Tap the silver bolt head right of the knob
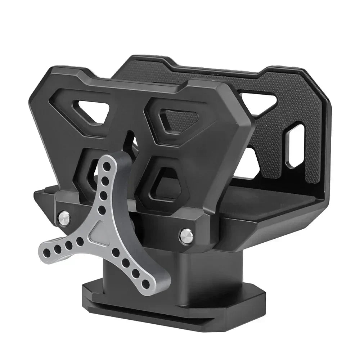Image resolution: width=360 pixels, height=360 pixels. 186,235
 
